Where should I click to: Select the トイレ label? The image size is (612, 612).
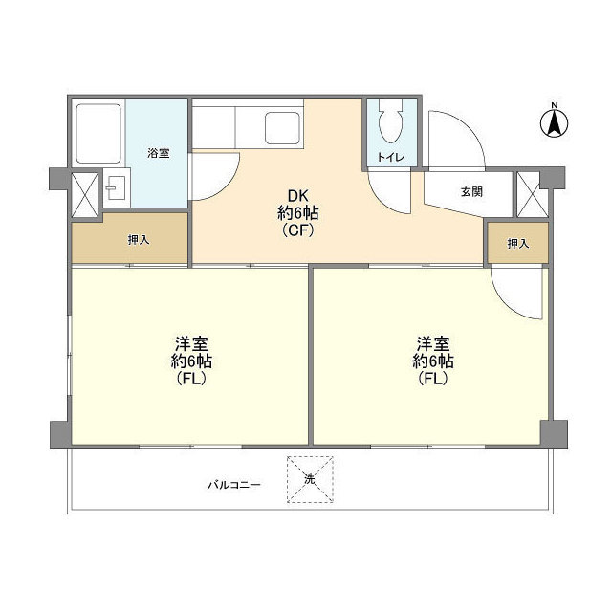coord(390,157)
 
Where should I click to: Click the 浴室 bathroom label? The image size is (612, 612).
coord(159,153)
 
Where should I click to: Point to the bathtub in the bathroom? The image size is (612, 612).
coord(98,133)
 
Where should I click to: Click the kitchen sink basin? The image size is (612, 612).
coord(283,127)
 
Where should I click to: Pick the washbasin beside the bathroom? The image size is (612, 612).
coord(116,187)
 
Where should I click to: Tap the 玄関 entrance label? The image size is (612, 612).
coord(471,191)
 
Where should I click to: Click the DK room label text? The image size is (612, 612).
coord(298,213)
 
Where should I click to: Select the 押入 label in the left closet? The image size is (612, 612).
coord(139,240)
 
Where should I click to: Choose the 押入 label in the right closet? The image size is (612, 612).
coord(518,244)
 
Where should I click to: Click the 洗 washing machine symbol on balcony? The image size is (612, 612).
coord(310,479)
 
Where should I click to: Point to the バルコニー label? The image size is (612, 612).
coord(233,485)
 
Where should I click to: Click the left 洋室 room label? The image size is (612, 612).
coord(191,361)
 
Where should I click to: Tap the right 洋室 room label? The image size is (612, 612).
coord(433,361)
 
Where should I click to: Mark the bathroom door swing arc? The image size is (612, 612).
coord(229,185)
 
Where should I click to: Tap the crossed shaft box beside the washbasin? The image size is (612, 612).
coord(84,194)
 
